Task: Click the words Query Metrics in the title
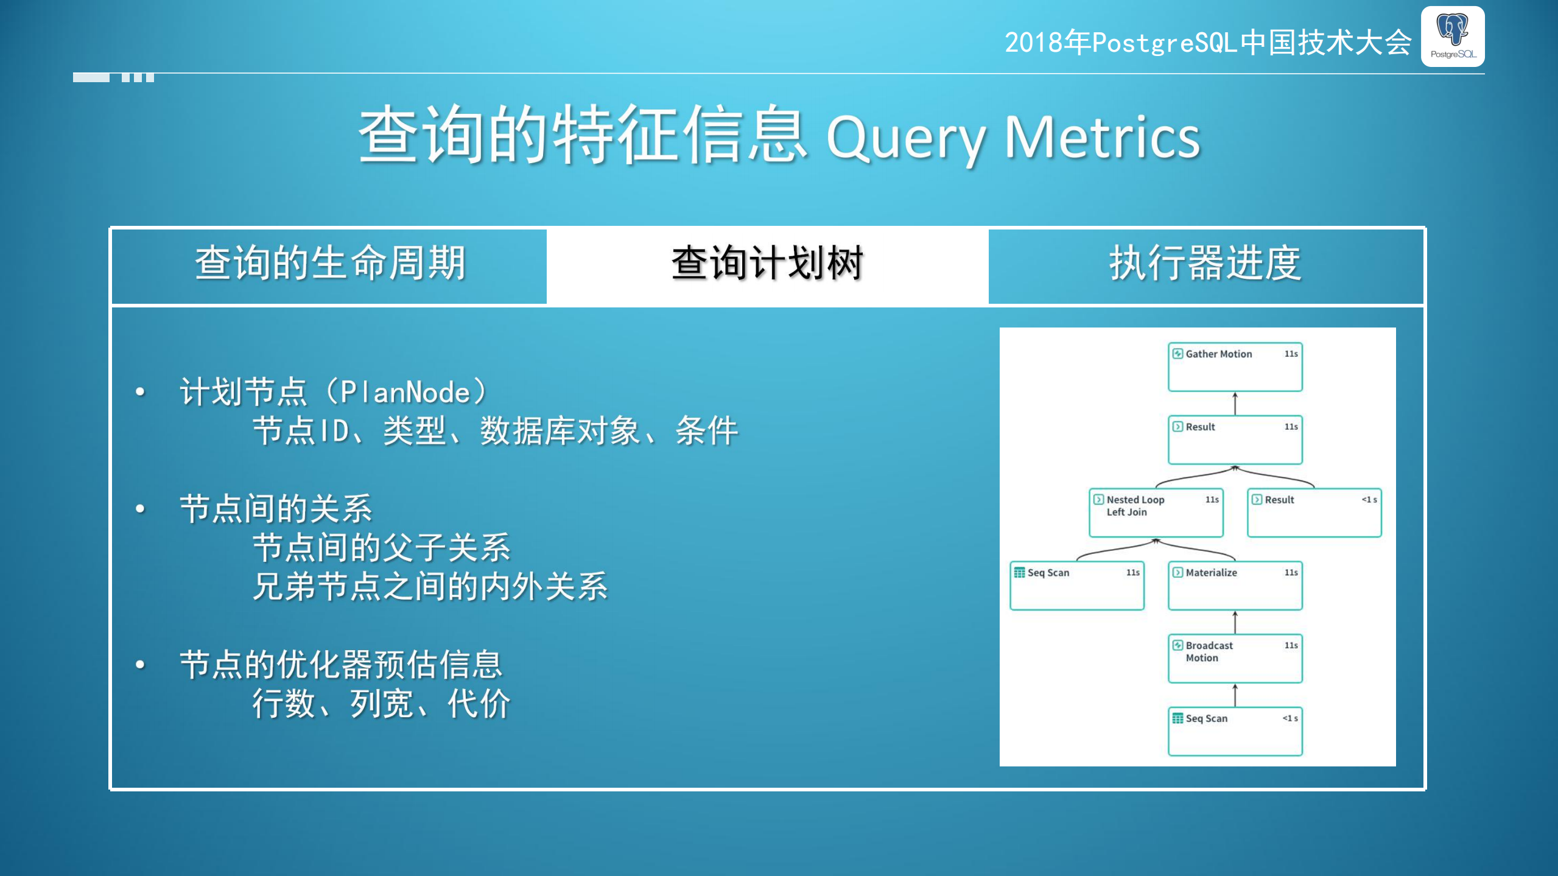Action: click(x=1012, y=138)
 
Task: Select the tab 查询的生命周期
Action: click(x=330, y=264)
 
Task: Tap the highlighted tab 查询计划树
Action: click(x=767, y=264)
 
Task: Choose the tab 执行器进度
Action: click(x=1205, y=264)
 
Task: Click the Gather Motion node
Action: click(x=1234, y=366)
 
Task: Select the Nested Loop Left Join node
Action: click(x=1155, y=512)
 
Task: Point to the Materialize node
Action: click(x=1234, y=585)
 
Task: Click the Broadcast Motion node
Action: click(x=1234, y=658)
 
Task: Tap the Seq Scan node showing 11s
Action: click(x=1076, y=585)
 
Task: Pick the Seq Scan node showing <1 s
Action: click(x=1234, y=731)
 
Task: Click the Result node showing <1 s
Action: click(x=1313, y=512)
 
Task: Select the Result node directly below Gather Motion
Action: click(x=1234, y=439)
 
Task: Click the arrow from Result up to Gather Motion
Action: click(x=1235, y=404)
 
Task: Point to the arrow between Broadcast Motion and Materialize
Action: click(x=1235, y=622)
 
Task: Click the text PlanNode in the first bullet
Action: click(x=405, y=393)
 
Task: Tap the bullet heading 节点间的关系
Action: click(x=275, y=509)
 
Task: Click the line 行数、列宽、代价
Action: click(x=381, y=704)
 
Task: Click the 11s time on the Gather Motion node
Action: click(x=1291, y=354)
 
